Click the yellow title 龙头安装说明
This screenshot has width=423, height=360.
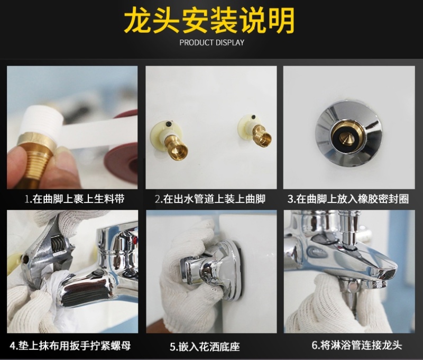tap(209, 21)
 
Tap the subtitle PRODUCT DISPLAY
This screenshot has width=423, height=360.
tap(212, 43)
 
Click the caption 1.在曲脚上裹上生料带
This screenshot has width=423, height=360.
tap(75, 199)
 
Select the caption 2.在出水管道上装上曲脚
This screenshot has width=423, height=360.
tap(210, 199)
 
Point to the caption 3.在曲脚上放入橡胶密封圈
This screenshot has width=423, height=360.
tap(348, 199)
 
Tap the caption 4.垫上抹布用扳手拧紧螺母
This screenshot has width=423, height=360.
tap(70, 345)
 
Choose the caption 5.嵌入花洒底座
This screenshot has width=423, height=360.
tap(205, 346)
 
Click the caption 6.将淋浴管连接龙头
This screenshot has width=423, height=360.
tap(357, 345)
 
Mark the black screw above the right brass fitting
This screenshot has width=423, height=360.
tap(253, 117)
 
